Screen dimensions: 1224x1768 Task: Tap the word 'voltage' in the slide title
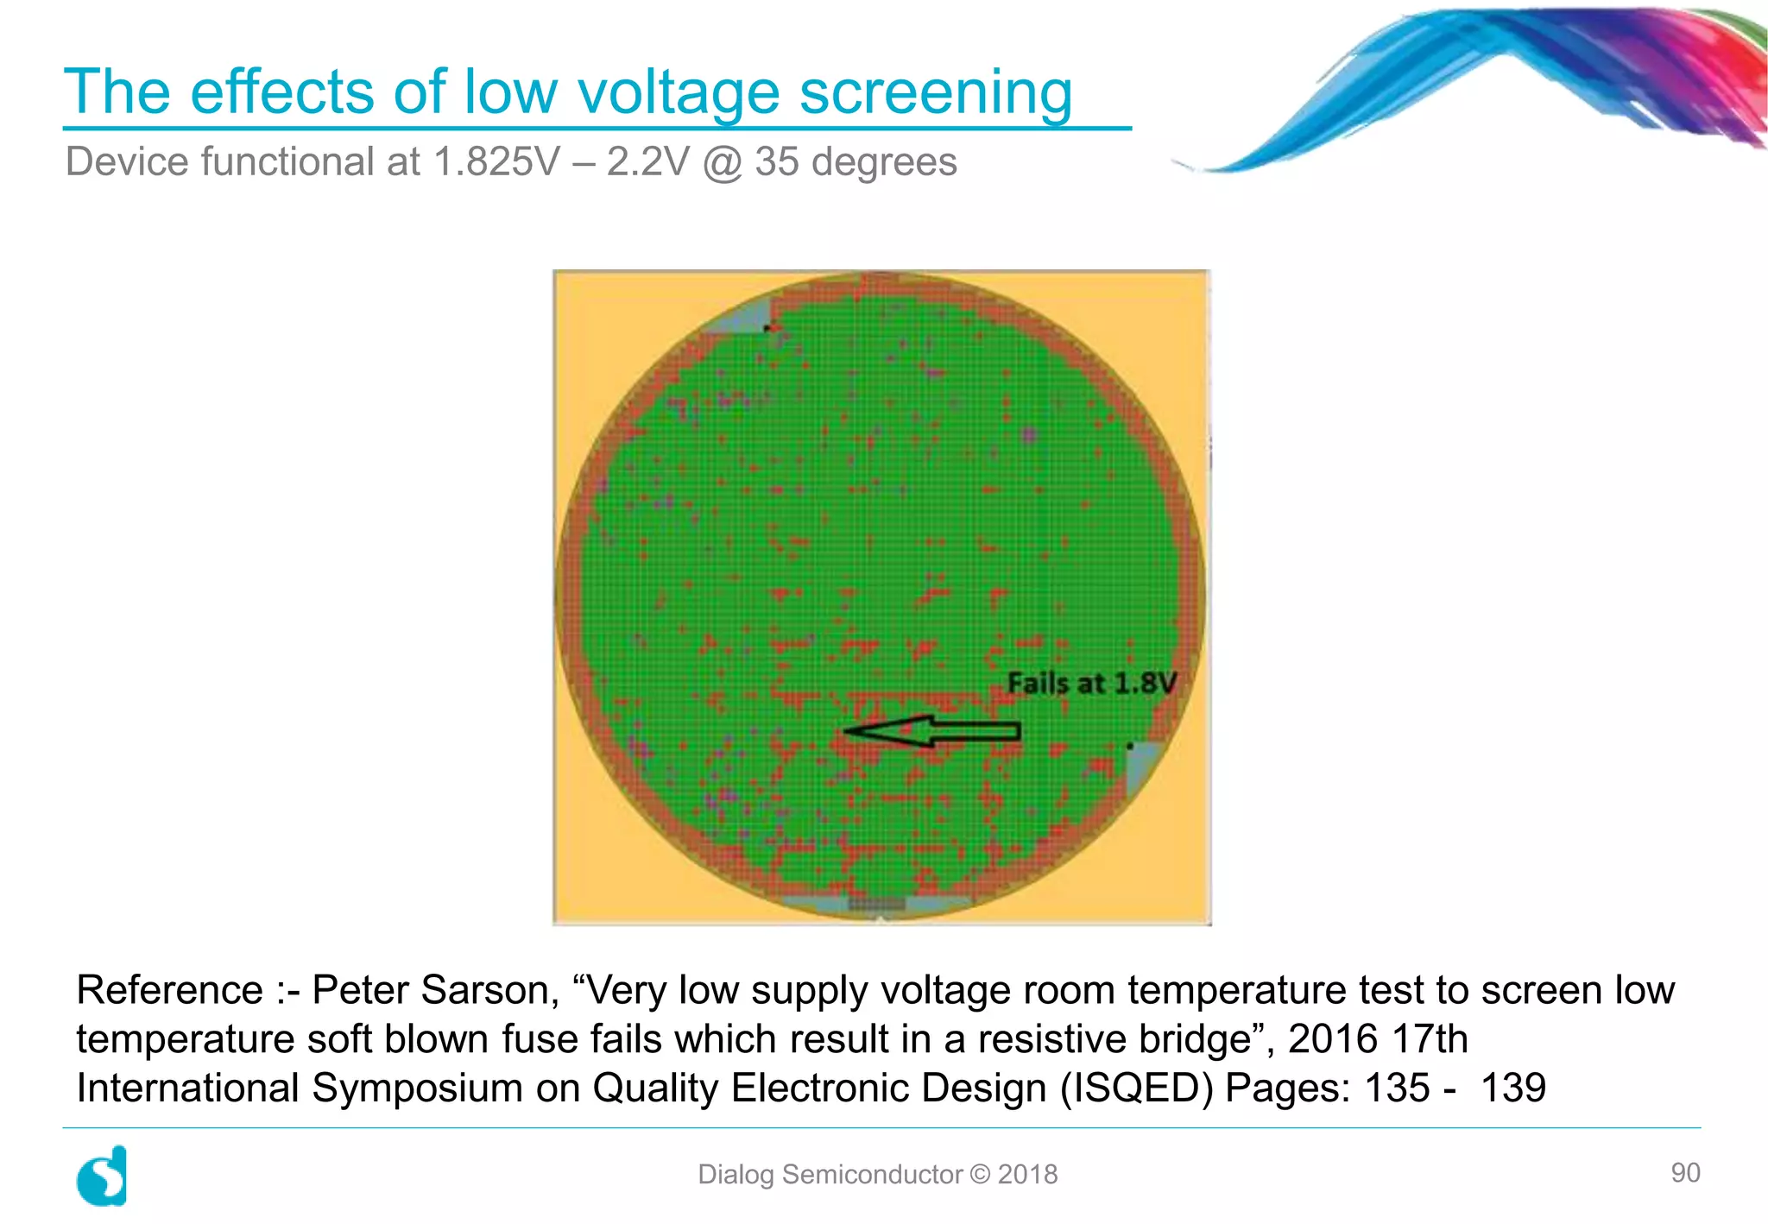pyautogui.click(x=678, y=91)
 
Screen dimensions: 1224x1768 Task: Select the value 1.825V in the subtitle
pyautogui.click(x=496, y=162)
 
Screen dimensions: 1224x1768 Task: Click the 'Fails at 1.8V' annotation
pyautogui.click(x=1091, y=683)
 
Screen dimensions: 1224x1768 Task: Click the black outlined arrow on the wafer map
pyautogui.click(x=932, y=732)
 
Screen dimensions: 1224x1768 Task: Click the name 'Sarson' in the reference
pyautogui.click(x=489, y=990)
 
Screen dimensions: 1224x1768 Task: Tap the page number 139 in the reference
pyautogui.click(x=1512, y=1088)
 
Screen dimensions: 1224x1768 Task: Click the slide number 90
pyautogui.click(x=1685, y=1172)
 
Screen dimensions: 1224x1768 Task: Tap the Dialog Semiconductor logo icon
pyautogui.click(x=103, y=1176)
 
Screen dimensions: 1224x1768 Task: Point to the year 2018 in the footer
pyautogui.click(x=1027, y=1174)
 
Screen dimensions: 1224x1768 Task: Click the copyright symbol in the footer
pyautogui.click(x=980, y=1174)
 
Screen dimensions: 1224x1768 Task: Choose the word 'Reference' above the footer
pyautogui.click(x=169, y=990)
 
